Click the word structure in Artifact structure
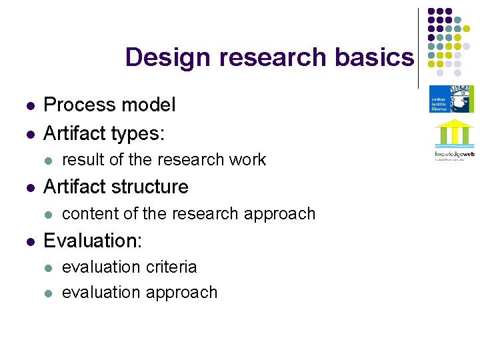click(x=147, y=187)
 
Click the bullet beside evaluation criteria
click(x=47, y=268)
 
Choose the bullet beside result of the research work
click(x=47, y=161)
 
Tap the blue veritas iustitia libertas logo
click(x=451, y=99)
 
